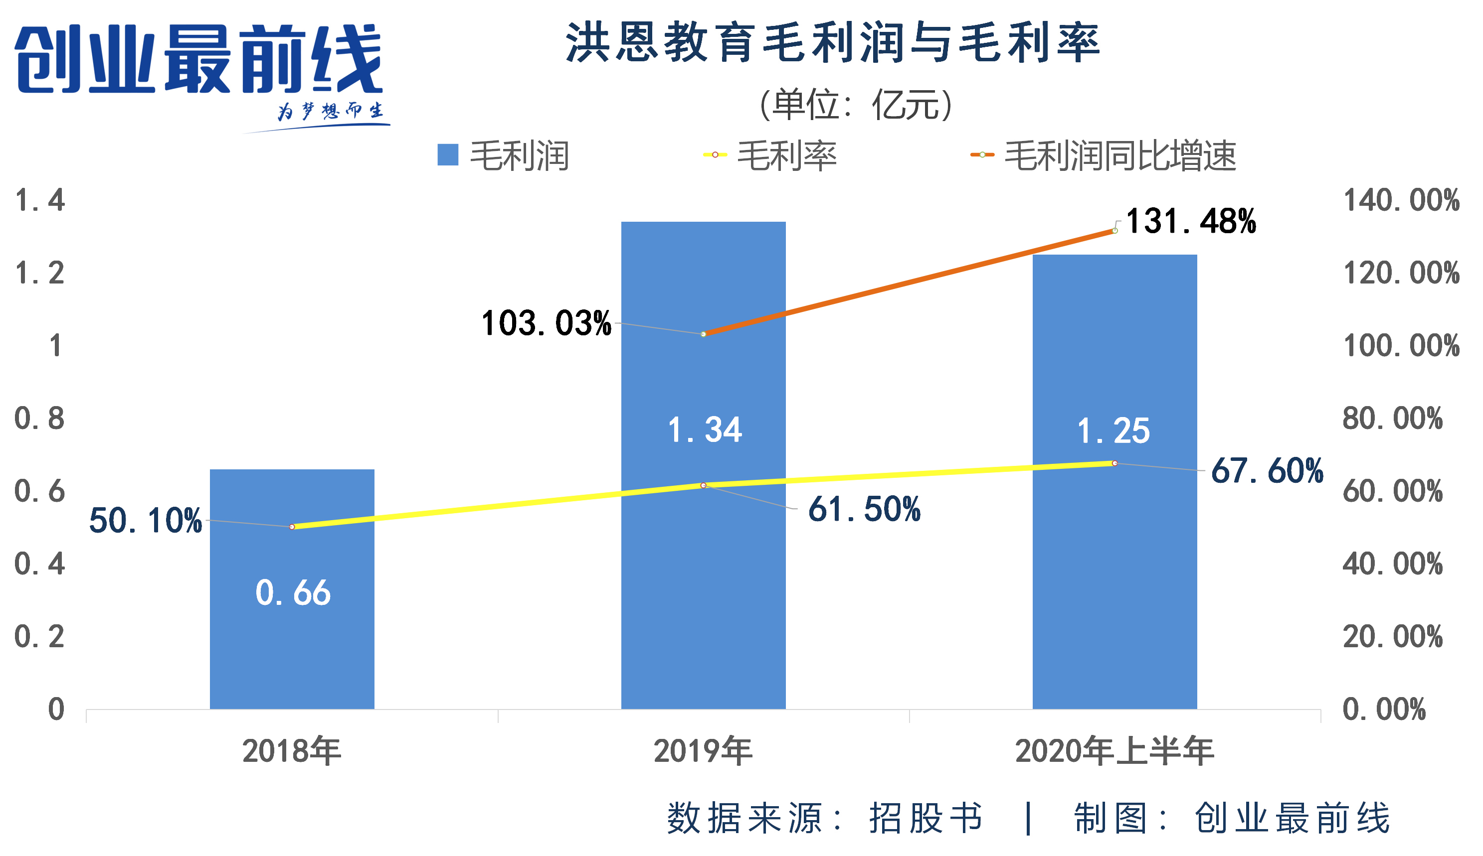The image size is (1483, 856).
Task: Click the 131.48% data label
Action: coord(1191,222)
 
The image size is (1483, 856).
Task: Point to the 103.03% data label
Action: coord(546,323)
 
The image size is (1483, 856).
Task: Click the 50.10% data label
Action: coord(145,521)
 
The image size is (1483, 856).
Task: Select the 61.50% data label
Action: coord(864,509)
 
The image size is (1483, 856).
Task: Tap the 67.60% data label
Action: coord(1267,471)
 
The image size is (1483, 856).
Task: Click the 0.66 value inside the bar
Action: coord(292,592)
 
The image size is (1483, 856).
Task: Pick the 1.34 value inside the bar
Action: coord(705,430)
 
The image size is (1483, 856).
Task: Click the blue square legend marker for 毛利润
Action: coord(448,155)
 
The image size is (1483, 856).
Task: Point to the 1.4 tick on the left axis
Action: coord(39,200)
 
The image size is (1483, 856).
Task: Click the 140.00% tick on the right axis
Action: coord(1401,200)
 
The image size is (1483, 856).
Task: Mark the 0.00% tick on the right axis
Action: coord(1384,710)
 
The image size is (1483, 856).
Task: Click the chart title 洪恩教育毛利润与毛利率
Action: coord(832,43)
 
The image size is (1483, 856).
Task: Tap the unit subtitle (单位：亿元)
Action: coord(856,105)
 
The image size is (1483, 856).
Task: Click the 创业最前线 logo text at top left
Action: coord(199,59)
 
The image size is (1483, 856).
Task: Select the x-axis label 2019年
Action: coord(703,751)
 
